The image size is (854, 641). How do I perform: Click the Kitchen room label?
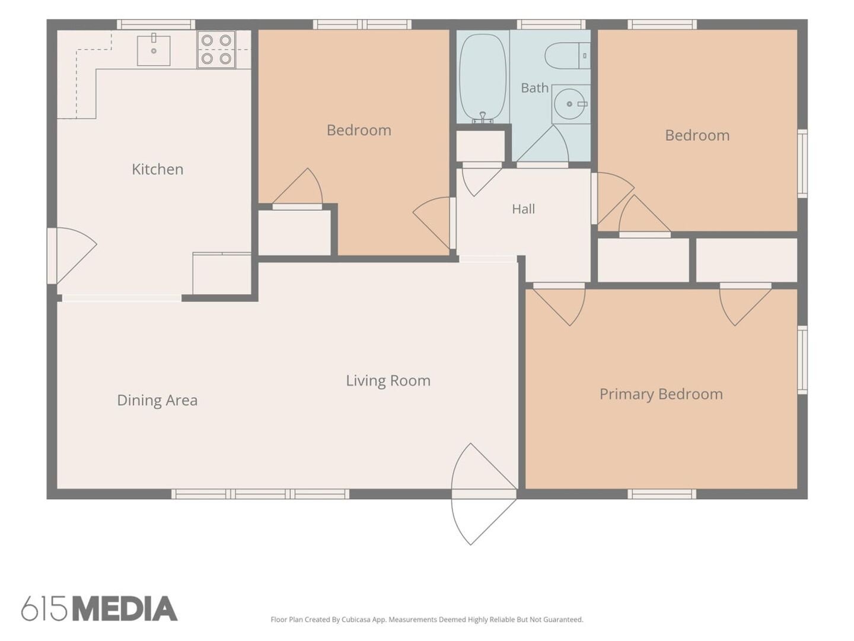tap(157, 169)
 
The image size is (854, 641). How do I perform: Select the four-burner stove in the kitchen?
tap(216, 49)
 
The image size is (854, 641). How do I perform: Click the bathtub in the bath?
tap(483, 77)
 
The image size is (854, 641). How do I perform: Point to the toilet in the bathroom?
tap(567, 56)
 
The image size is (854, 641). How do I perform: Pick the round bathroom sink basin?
tap(569, 104)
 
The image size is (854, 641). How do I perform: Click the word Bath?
tap(534, 88)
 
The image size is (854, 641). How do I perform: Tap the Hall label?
tap(523, 209)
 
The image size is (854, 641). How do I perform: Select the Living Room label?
tap(388, 380)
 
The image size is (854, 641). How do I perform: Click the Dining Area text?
tap(157, 401)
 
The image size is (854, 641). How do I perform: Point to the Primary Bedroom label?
tap(661, 394)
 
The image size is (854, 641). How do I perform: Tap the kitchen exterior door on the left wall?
tap(72, 256)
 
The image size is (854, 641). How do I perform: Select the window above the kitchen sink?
tap(156, 24)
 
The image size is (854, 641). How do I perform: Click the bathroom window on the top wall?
tap(553, 24)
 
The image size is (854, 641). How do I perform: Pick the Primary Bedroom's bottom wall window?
tap(662, 494)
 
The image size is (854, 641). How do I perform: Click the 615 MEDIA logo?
tap(100, 608)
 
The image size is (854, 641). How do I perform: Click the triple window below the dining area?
tap(260, 494)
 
